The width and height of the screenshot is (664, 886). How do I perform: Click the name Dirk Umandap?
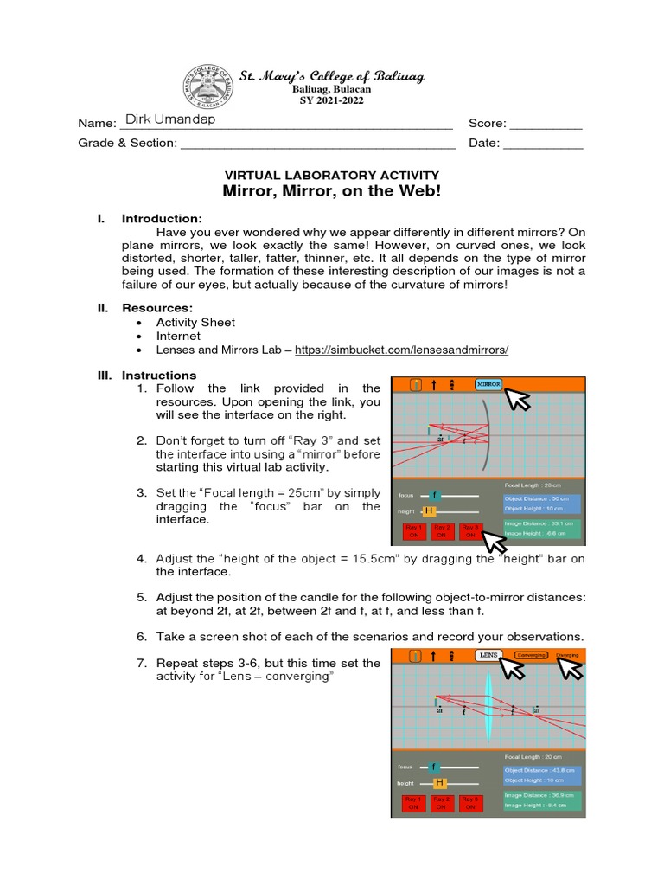[170, 120]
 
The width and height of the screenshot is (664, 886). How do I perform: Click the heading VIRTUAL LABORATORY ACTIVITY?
[332, 175]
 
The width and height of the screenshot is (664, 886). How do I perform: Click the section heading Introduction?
[162, 219]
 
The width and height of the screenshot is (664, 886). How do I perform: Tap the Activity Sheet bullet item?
[195, 322]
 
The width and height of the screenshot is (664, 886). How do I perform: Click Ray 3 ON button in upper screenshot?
[469, 531]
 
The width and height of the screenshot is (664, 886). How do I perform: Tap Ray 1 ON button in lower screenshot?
[412, 803]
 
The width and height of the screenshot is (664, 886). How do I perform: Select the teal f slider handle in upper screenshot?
[436, 495]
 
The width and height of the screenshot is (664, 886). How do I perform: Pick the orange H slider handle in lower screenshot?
[439, 783]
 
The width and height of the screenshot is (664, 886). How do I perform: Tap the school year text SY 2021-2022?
[331, 100]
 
